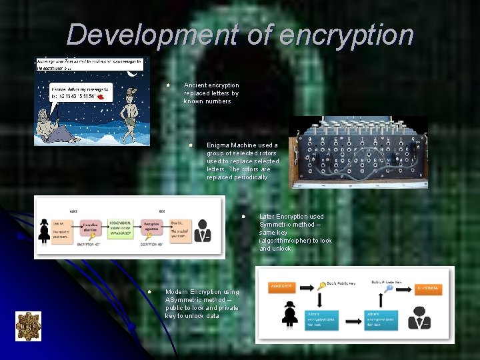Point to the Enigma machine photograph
359,152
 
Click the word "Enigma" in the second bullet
219,145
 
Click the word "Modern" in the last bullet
177,292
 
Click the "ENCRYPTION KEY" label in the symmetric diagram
93,245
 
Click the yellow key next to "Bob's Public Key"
321,285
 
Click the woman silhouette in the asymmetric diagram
290,313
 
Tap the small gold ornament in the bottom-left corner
28,327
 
